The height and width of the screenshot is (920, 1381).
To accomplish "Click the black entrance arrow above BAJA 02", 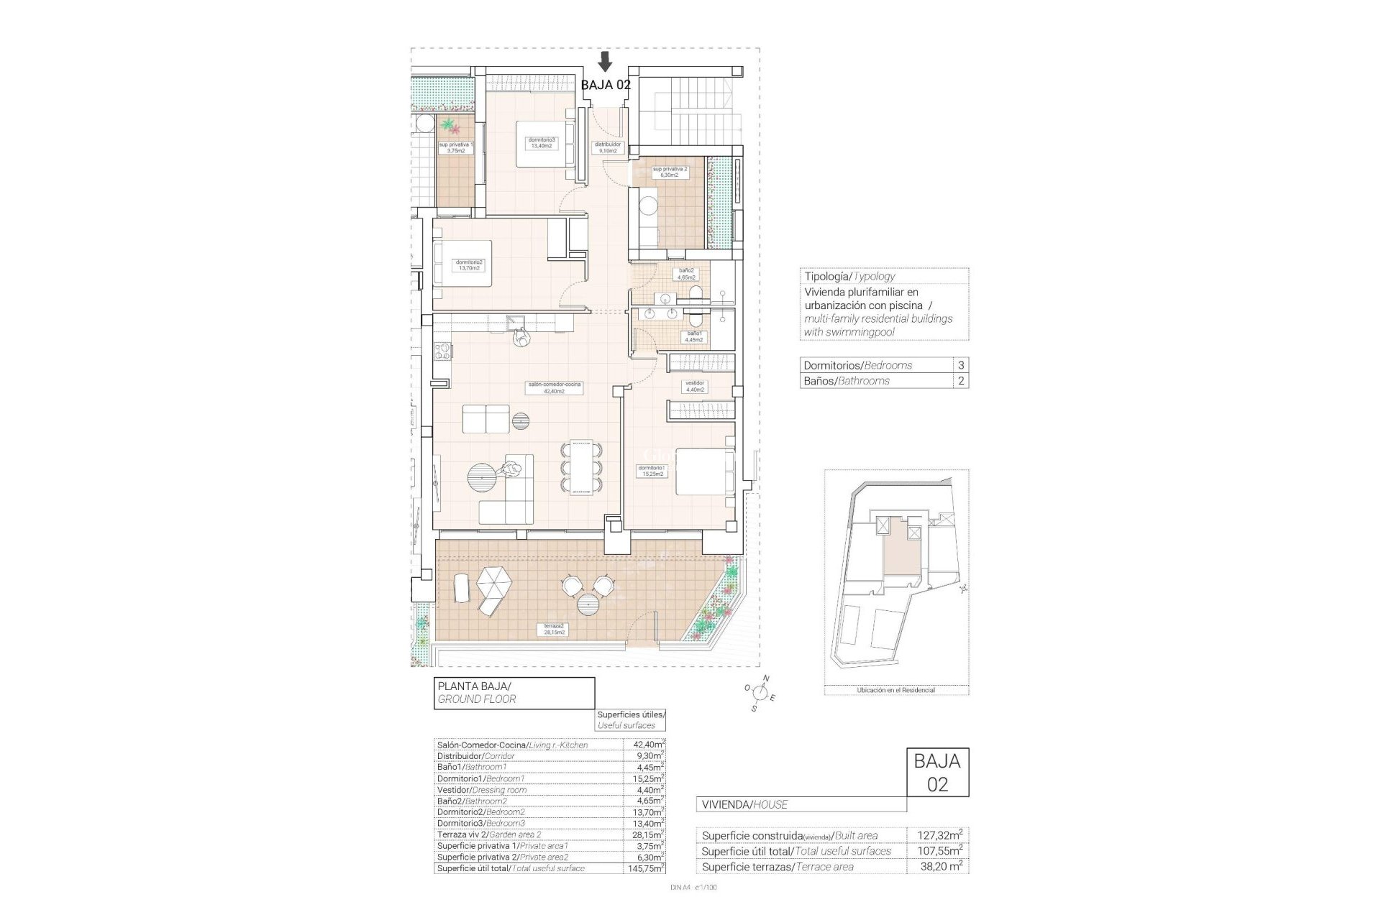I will tap(606, 61).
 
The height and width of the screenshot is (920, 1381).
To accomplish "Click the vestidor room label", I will tap(694, 386).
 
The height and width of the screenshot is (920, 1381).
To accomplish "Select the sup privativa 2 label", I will tap(670, 172).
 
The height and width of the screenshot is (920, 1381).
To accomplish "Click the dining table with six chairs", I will tap(582, 468).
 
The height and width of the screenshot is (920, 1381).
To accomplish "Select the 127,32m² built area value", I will tap(940, 835).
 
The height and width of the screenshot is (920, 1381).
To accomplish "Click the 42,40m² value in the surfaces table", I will tap(644, 745).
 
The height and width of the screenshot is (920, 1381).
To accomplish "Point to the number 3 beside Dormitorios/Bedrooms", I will tap(961, 365).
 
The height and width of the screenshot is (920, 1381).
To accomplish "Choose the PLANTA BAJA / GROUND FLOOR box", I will tap(514, 693).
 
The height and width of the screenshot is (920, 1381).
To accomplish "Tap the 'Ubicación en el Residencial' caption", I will tap(895, 690).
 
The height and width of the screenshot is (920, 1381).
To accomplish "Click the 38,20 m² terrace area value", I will tap(940, 867).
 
